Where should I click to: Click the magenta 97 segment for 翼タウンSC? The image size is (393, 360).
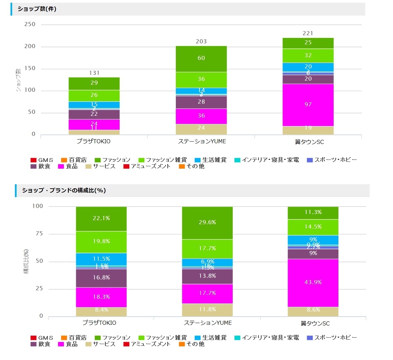[308, 105]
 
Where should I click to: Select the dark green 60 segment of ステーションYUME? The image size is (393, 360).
[201, 59]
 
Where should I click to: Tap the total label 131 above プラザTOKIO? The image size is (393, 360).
[94, 73]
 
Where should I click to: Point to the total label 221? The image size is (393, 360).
[308, 33]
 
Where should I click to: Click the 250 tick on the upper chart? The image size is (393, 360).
[30, 24]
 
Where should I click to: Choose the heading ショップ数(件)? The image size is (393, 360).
[37, 9]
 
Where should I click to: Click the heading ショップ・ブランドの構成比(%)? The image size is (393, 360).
[64, 190]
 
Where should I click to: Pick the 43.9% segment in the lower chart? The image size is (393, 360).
[313, 282]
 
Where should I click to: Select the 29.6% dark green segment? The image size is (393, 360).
[207, 223]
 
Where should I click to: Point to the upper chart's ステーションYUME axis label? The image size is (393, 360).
[202, 142]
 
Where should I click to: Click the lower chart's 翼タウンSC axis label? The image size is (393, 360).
[315, 323]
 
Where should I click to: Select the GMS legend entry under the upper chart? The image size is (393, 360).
[42, 160]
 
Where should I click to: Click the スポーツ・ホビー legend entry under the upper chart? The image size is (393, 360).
[332, 160]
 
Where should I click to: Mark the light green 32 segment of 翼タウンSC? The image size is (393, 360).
[308, 56]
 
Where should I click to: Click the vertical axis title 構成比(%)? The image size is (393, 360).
[26, 261]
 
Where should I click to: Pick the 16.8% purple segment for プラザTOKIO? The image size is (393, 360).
[101, 278]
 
